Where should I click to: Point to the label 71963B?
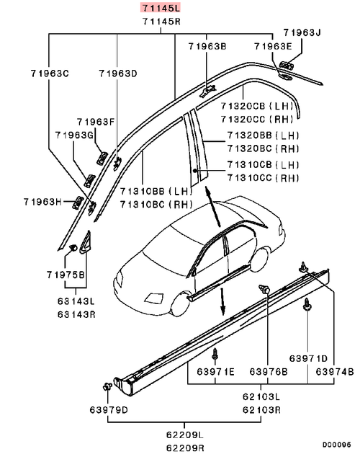click(207, 46)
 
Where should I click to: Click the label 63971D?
click(309, 358)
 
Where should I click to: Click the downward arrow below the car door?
click(222, 302)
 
